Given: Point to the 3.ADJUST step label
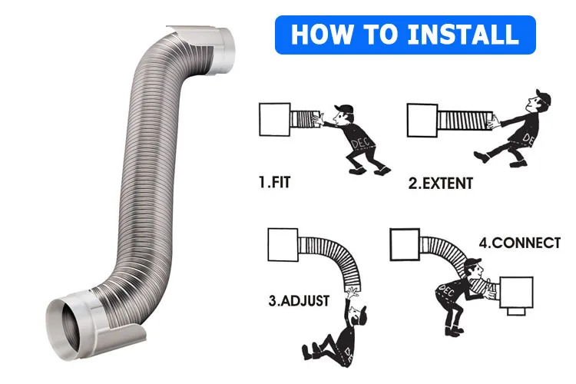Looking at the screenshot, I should point(300,300).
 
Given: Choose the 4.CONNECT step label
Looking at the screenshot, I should point(518,243).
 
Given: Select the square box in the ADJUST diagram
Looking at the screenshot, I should point(283,244).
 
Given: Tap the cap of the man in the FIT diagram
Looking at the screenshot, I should point(347,108).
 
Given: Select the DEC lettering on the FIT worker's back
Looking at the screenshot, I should point(359,143).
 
